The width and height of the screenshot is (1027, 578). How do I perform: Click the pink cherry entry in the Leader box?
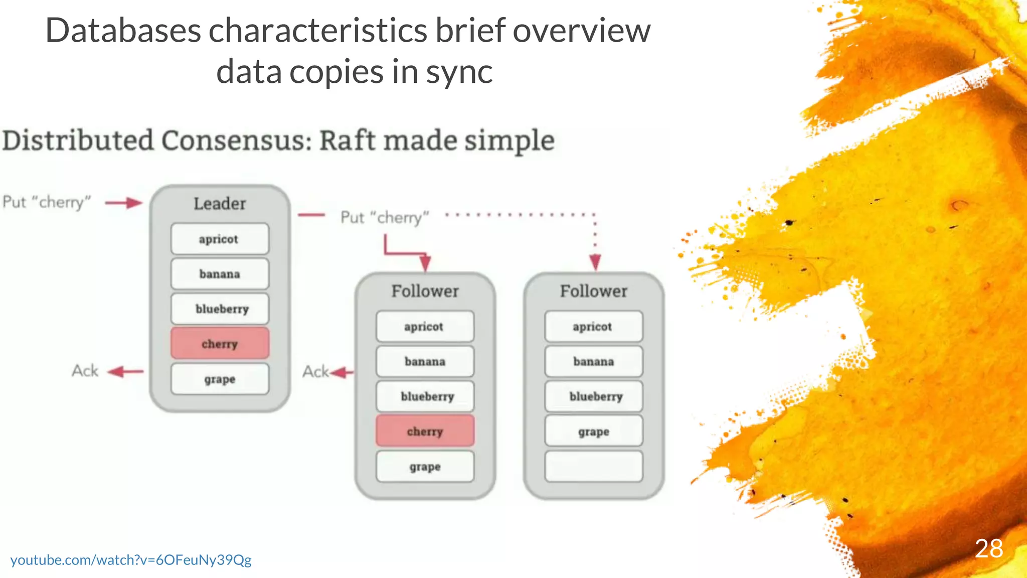point(220,344)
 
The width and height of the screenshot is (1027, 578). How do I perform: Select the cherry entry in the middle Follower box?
point(425,431)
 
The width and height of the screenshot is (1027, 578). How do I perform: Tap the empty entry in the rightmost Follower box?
point(593,466)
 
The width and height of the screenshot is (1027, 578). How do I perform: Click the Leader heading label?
point(220,203)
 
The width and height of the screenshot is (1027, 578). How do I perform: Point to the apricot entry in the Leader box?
point(220,239)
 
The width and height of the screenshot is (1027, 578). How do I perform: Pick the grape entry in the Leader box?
point(220,379)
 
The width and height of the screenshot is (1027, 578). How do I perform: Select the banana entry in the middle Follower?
point(425,361)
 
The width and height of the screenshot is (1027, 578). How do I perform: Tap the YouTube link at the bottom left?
point(131,560)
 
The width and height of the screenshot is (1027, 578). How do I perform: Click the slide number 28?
point(989,548)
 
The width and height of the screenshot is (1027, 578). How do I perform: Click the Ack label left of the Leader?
point(85,371)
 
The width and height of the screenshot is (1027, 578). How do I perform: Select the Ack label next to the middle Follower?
point(315,372)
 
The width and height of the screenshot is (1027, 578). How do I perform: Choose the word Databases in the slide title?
point(123,31)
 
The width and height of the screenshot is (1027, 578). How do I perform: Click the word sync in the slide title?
point(459,71)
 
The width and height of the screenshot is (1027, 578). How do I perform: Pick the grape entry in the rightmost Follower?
point(593,431)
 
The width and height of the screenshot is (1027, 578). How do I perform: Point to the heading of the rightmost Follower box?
point(593,291)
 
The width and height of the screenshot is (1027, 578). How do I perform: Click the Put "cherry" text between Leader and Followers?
point(385,217)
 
